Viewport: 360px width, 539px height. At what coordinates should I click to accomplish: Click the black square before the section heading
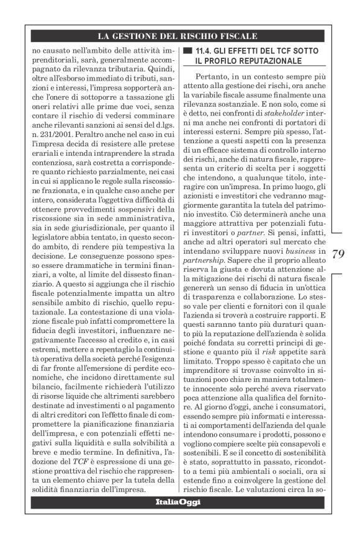(x=187, y=50)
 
